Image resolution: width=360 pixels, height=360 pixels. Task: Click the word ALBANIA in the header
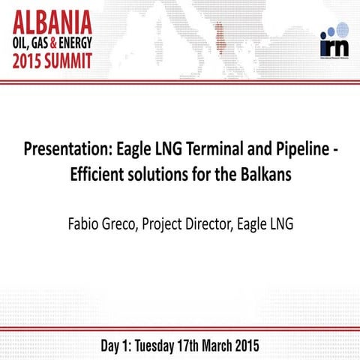click(56, 18)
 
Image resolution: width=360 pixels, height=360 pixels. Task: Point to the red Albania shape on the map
click(220, 34)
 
